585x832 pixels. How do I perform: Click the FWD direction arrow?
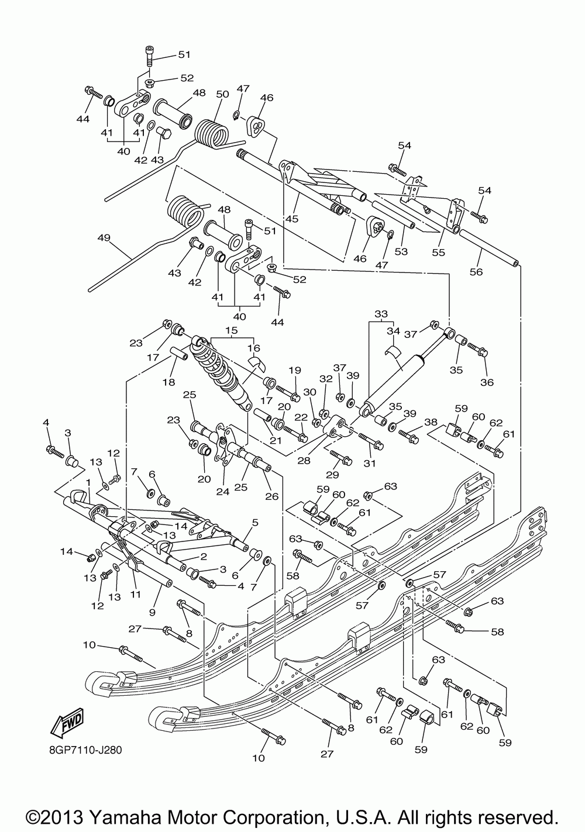tap(67, 723)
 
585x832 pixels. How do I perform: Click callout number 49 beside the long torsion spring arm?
tap(104, 237)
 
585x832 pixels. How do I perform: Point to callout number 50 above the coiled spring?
tap(222, 94)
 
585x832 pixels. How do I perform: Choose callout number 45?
tap(292, 219)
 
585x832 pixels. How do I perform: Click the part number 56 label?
tap(476, 272)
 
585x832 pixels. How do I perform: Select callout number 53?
tap(401, 251)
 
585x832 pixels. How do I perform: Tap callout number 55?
tap(439, 252)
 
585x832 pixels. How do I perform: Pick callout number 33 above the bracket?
tap(381, 313)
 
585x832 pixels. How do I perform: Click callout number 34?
tap(393, 330)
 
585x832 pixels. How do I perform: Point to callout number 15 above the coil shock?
tap(231, 330)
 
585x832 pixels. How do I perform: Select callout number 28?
tap(304, 460)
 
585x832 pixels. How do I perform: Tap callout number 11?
tap(135, 594)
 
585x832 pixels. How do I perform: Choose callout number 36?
tap(487, 382)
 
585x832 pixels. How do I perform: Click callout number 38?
tap(431, 422)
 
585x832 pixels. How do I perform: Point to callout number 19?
tap(295, 370)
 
